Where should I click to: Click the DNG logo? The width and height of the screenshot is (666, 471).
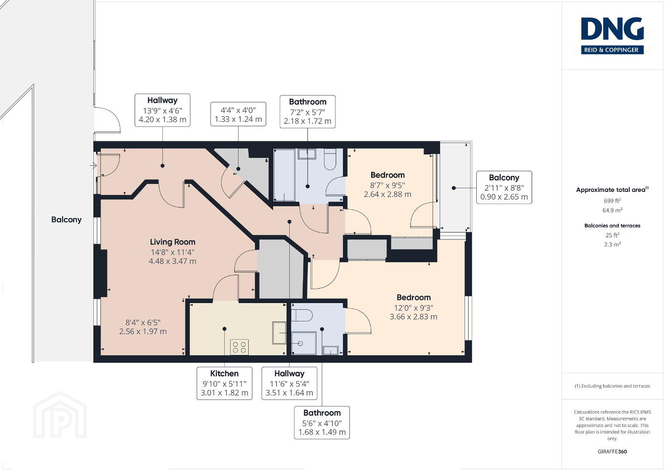point(612,36)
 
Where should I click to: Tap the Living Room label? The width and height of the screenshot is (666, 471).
point(172,242)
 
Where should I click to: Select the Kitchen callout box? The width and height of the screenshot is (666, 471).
point(225,383)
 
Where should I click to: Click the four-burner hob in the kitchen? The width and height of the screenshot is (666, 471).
point(239,347)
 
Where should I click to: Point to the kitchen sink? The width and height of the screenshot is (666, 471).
point(279,333)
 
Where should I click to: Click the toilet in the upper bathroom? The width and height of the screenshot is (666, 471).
point(330,159)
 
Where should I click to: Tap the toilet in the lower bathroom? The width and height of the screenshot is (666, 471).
point(301,315)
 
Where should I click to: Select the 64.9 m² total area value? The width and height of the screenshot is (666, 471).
point(612,210)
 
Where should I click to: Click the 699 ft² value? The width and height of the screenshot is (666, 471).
point(612,201)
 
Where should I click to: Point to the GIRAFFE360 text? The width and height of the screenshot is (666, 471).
point(612,451)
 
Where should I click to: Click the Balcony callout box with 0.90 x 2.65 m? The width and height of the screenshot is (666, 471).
point(504,188)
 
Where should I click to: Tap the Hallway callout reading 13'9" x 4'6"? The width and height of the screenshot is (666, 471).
point(162,110)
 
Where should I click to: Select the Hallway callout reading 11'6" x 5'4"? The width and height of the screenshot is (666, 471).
point(289,383)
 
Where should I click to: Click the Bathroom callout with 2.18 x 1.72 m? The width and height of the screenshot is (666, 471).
point(307,112)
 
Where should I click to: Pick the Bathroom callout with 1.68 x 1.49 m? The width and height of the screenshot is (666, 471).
point(322,423)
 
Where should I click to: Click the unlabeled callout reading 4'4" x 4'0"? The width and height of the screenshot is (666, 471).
point(238,114)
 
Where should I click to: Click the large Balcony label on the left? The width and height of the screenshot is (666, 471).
point(66,220)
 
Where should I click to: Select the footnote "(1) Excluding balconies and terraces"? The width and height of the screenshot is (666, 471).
point(612,386)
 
